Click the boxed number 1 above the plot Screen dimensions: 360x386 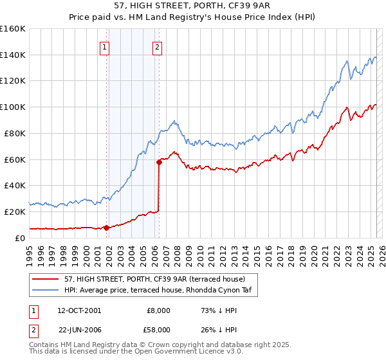104,46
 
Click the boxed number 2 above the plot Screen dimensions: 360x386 157,46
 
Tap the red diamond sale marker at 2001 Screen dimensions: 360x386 107,227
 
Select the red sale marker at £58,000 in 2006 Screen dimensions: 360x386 159,162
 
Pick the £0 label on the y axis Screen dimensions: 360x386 21,238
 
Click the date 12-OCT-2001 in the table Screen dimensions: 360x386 79,310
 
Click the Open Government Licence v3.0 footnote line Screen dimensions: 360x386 125,352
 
